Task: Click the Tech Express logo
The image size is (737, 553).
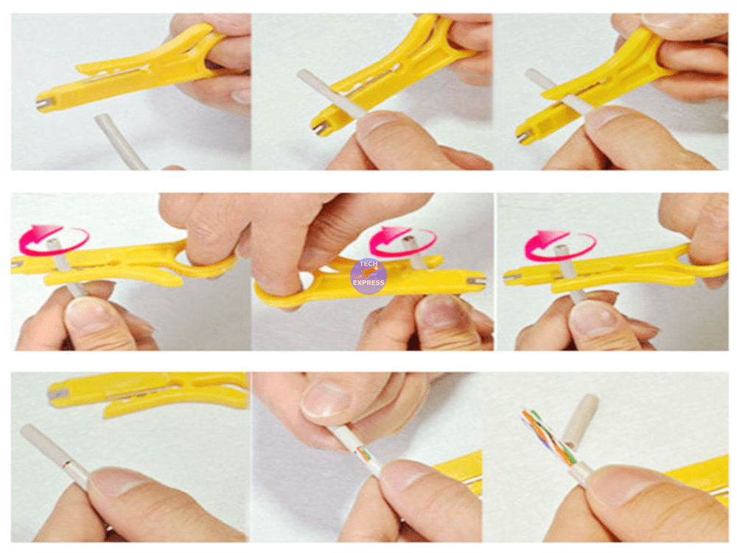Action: click(368, 276)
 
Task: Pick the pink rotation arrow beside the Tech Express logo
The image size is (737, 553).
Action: click(402, 240)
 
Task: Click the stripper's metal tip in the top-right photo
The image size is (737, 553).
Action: click(523, 136)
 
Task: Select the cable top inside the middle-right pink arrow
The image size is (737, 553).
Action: click(562, 251)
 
